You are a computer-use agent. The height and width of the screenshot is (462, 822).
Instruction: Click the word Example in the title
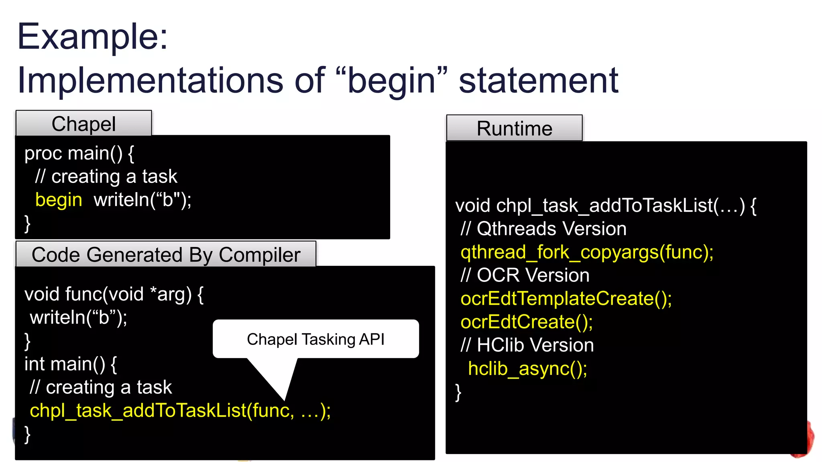[92, 37]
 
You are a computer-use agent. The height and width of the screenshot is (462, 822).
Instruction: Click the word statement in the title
[538, 81]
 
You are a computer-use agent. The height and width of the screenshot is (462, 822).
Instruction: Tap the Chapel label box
[83, 124]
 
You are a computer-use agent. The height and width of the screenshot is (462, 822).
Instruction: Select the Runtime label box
[514, 128]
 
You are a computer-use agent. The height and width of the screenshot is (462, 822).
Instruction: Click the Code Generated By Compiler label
[166, 254]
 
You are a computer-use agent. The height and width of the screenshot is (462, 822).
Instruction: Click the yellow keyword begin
[59, 200]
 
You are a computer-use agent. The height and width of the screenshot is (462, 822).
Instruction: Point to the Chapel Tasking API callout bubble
[315, 339]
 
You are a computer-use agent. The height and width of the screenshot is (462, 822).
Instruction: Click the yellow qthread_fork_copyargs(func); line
[587, 252]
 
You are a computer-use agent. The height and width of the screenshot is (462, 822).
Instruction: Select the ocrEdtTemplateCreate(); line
[566, 299]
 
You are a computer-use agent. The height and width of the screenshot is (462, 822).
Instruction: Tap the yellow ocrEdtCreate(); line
[527, 322]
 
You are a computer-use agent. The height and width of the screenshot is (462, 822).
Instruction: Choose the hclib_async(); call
[527, 369]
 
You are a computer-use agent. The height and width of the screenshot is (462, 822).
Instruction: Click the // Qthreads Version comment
[543, 229]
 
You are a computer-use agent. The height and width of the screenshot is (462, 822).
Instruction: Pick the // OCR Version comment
[525, 276]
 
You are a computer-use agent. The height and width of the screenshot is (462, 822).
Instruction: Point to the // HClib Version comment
[527, 345]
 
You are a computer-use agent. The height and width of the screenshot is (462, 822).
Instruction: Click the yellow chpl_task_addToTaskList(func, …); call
[180, 411]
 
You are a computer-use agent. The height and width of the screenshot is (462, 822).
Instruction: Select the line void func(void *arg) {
[114, 294]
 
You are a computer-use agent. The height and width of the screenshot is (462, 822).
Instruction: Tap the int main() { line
[71, 364]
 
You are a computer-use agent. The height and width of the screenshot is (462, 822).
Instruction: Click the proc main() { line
[79, 153]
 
